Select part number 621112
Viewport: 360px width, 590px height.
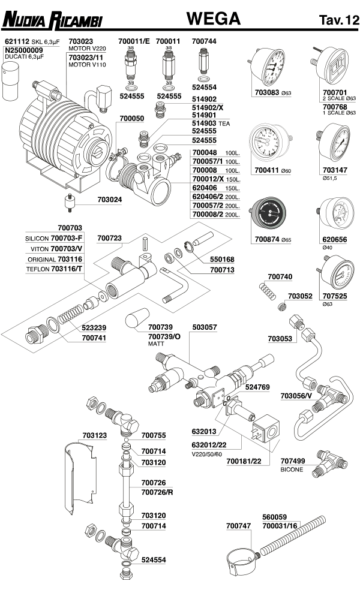(x=17, y=42)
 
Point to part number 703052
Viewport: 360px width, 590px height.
(x=300, y=296)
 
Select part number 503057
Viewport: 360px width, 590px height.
(x=205, y=327)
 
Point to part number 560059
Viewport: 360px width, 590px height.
(x=275, y=516)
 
